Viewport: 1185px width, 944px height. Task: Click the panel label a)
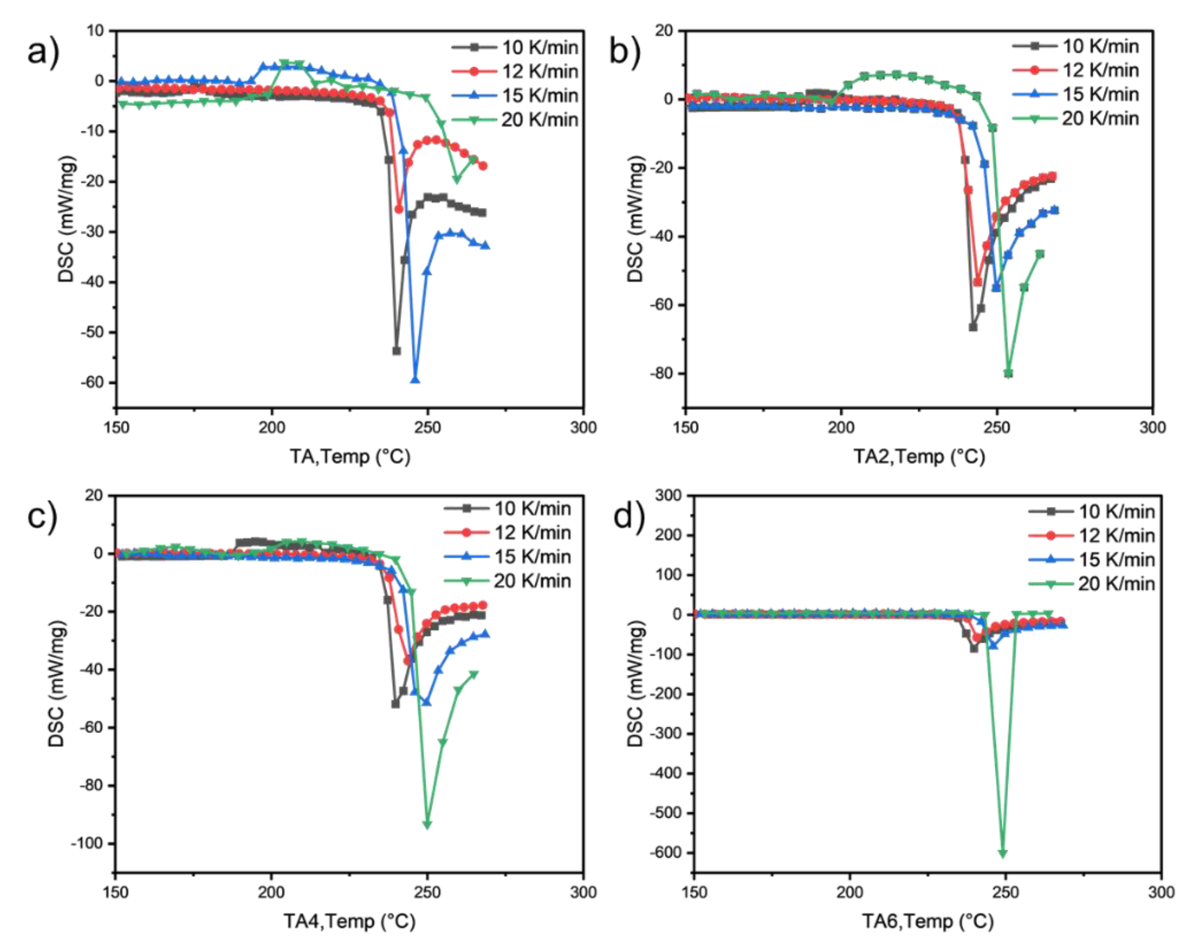point(43,53)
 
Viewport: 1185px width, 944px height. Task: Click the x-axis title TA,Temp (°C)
point(350,456)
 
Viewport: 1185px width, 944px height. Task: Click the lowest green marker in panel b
point(1008,374)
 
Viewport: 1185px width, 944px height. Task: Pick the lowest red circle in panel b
point(977,282)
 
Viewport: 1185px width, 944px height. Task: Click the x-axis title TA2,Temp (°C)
point(919,456)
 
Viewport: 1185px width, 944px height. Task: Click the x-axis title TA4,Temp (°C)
point(349,921)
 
